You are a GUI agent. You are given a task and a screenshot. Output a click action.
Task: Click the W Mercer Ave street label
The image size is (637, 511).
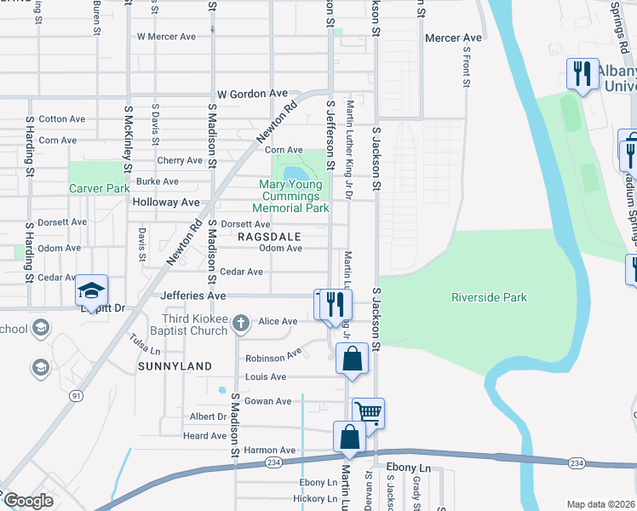pos(166,37)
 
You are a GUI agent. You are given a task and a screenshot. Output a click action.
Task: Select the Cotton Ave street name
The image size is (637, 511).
pos(62,119)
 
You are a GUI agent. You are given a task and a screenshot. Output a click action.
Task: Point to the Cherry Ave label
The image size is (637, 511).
pos(180,160)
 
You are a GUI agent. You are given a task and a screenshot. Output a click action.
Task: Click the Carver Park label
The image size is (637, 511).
pos(99,188)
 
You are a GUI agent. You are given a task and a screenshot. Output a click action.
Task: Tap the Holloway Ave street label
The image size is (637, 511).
pos(165,203)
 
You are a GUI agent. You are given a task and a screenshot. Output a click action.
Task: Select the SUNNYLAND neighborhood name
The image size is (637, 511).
pos(175,365)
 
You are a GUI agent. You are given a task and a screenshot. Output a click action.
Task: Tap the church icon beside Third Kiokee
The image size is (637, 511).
pos(241,323)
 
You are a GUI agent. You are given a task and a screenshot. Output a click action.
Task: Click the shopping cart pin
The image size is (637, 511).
pos(368,412)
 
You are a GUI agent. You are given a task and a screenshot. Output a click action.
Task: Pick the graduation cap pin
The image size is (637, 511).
pos(91,290)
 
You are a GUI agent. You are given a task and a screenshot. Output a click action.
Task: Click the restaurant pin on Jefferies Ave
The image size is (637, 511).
pos(336,304)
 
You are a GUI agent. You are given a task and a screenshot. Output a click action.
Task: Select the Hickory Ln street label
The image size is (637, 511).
pos(314,498)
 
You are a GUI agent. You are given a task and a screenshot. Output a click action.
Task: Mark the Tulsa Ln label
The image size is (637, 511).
pos(146,344)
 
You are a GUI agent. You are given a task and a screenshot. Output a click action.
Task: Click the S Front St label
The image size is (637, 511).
pos(467,72)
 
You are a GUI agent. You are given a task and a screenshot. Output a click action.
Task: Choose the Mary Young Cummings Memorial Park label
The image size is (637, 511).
pos(290,196)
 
